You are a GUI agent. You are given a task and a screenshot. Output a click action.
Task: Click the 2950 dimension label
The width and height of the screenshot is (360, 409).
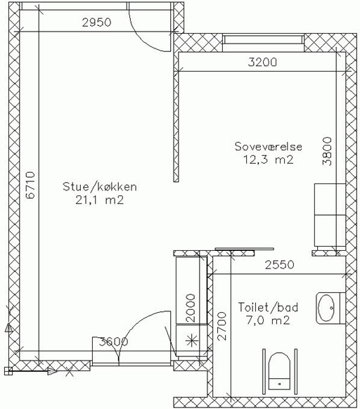[96, 22]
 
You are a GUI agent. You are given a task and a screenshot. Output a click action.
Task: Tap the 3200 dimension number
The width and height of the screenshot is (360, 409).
[262, 63]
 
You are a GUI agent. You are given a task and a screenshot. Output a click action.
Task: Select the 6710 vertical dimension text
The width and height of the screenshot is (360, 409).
[30, 186]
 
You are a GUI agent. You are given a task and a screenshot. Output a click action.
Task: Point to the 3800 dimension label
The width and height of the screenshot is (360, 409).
[327, 151]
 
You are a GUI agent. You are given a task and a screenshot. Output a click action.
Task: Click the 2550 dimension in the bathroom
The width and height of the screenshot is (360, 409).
[280, 265]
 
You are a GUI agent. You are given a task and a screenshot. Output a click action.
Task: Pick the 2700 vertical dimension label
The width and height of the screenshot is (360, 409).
[221, 326]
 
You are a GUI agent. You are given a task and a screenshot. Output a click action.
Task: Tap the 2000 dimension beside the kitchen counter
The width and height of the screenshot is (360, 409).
[191, 308]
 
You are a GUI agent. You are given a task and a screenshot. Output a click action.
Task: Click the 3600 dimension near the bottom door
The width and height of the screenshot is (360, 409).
[114, 342]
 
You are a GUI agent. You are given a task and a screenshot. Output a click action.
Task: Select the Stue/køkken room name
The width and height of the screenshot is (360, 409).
[100, 187]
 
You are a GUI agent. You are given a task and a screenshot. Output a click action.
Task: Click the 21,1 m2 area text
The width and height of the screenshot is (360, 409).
[99, 200]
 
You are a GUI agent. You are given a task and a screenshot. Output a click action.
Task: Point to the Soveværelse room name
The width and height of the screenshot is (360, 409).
[269, 146]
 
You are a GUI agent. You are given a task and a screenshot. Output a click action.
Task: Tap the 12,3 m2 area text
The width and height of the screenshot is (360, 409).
[269, 160]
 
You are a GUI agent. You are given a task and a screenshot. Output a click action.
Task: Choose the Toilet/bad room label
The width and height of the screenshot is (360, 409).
[268, 307]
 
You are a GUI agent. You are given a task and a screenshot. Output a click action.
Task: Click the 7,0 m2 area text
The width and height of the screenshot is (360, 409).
[268, 320]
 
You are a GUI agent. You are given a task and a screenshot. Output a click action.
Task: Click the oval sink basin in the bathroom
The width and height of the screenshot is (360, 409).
[326, 308]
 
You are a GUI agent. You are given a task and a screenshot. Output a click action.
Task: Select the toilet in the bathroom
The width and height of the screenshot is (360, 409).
[280, 372]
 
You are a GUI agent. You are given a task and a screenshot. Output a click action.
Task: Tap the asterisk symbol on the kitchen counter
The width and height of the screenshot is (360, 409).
[192, 340]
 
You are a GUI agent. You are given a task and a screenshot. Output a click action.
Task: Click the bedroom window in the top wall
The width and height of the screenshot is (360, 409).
[264, 39]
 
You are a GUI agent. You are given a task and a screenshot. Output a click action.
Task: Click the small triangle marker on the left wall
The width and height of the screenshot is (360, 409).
[8, 328]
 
